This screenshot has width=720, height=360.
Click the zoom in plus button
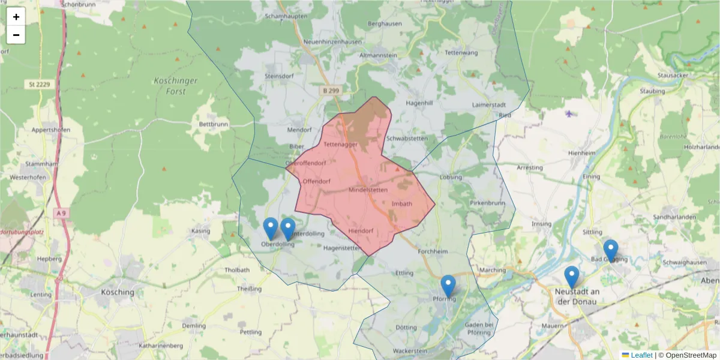pyautogui.click(x=16, y=17)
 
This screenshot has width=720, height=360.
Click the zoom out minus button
pyautogui.click(x=16, y=35)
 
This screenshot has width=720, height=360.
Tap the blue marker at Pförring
pyautogui.click(x=448, y=286)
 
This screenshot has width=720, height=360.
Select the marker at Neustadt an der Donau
pyautogui.click(x=572, y=277)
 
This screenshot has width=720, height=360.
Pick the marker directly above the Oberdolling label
pyautogui.click(x=271, y=229)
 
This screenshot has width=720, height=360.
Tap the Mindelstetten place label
pyautogui.click(x=368, y=190)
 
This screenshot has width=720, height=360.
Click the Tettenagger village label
pyautogui.click(x=340, y=145)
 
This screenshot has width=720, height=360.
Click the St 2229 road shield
pyautogui.click(x=39, y=85)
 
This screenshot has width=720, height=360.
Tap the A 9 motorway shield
pyautogui.click(x=61, y=213)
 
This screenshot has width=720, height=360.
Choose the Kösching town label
pyautogui.click(x=118, y=292)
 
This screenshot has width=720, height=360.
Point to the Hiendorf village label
pyautogui.click(x=361, y=231)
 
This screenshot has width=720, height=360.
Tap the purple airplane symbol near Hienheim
pyautogui.click(x=569, y=113)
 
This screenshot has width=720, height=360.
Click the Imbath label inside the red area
pyautogui.click(x=401, y=204)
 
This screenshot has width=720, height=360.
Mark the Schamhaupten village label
pyautogui.click(x=286, y=17)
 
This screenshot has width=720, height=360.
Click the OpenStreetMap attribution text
pyautogui.click(x=687, y=355)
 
